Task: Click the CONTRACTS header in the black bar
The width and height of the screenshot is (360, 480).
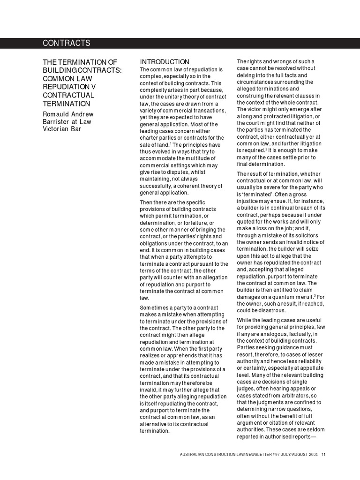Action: click(x=67, y=43)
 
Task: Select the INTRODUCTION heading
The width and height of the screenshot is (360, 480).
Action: click(x=165, y=62)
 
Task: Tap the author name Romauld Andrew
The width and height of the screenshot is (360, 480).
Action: click(x=68, y=114)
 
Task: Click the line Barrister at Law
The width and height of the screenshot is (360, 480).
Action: click(x=67, y=121)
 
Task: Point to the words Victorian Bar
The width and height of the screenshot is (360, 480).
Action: click(x=62, y=129)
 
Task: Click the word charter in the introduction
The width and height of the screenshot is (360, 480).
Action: click(x=150, y=137)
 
